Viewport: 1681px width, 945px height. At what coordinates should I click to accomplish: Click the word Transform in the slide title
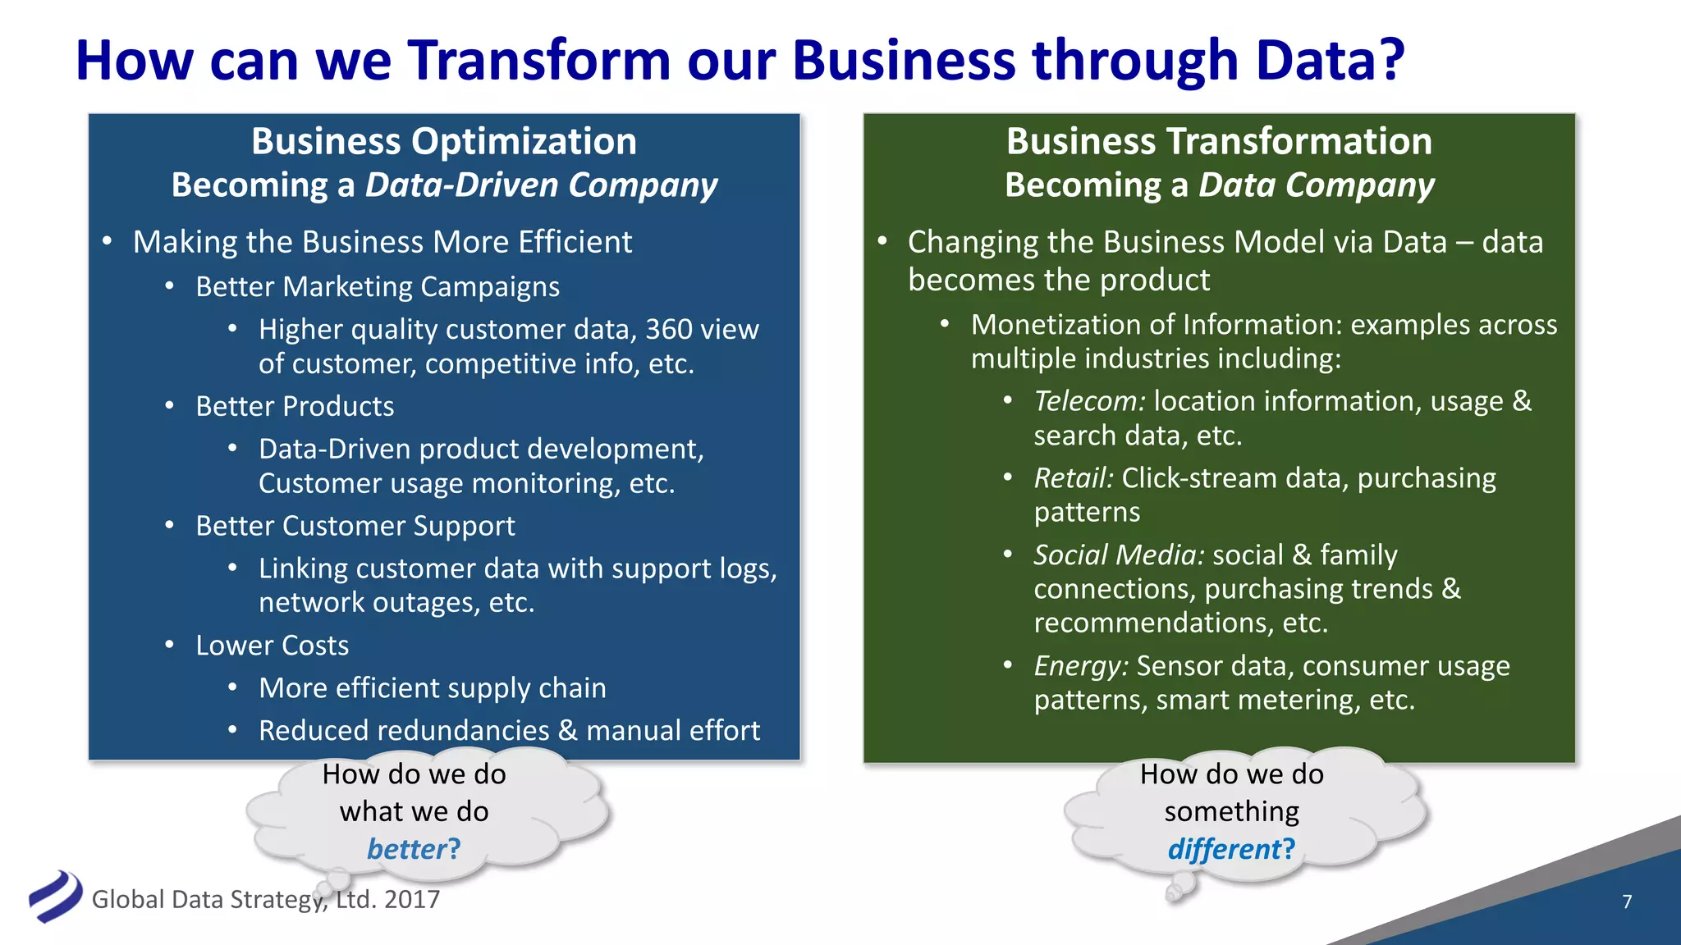pos(539,61)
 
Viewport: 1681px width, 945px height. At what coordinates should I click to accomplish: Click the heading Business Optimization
pos(444,141)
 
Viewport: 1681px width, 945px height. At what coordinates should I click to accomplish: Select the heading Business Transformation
pos(1219,141)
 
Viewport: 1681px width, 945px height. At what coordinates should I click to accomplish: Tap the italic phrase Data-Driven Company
pos(541,185)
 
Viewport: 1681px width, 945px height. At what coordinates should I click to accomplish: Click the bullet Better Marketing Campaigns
pos(378,287)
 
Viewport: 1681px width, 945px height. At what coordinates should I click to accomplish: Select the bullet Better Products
pos(295,407)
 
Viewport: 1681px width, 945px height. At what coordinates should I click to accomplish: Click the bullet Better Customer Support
pos(355,526)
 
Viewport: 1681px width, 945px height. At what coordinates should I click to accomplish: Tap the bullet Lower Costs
pos(272,646)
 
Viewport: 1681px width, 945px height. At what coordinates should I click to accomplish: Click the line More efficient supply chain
pos(433,688)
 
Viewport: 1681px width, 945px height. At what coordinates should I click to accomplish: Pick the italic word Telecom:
pos(1089,401)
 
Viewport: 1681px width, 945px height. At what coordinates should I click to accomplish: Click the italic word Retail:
pos(1074,478)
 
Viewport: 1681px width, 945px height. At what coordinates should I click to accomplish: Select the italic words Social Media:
pos(1119,555)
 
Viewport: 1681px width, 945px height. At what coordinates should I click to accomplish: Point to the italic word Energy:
pos(1081,666)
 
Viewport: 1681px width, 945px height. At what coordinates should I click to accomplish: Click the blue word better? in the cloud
pos(414,849)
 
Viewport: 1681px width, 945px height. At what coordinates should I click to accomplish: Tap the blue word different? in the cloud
pos(1231,849)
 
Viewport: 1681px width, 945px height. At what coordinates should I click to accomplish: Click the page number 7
pos(1627,902)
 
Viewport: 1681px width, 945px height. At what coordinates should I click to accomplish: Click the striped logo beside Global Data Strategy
pos(55,896)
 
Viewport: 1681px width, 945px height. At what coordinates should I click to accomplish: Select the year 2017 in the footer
pos(412,900)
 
